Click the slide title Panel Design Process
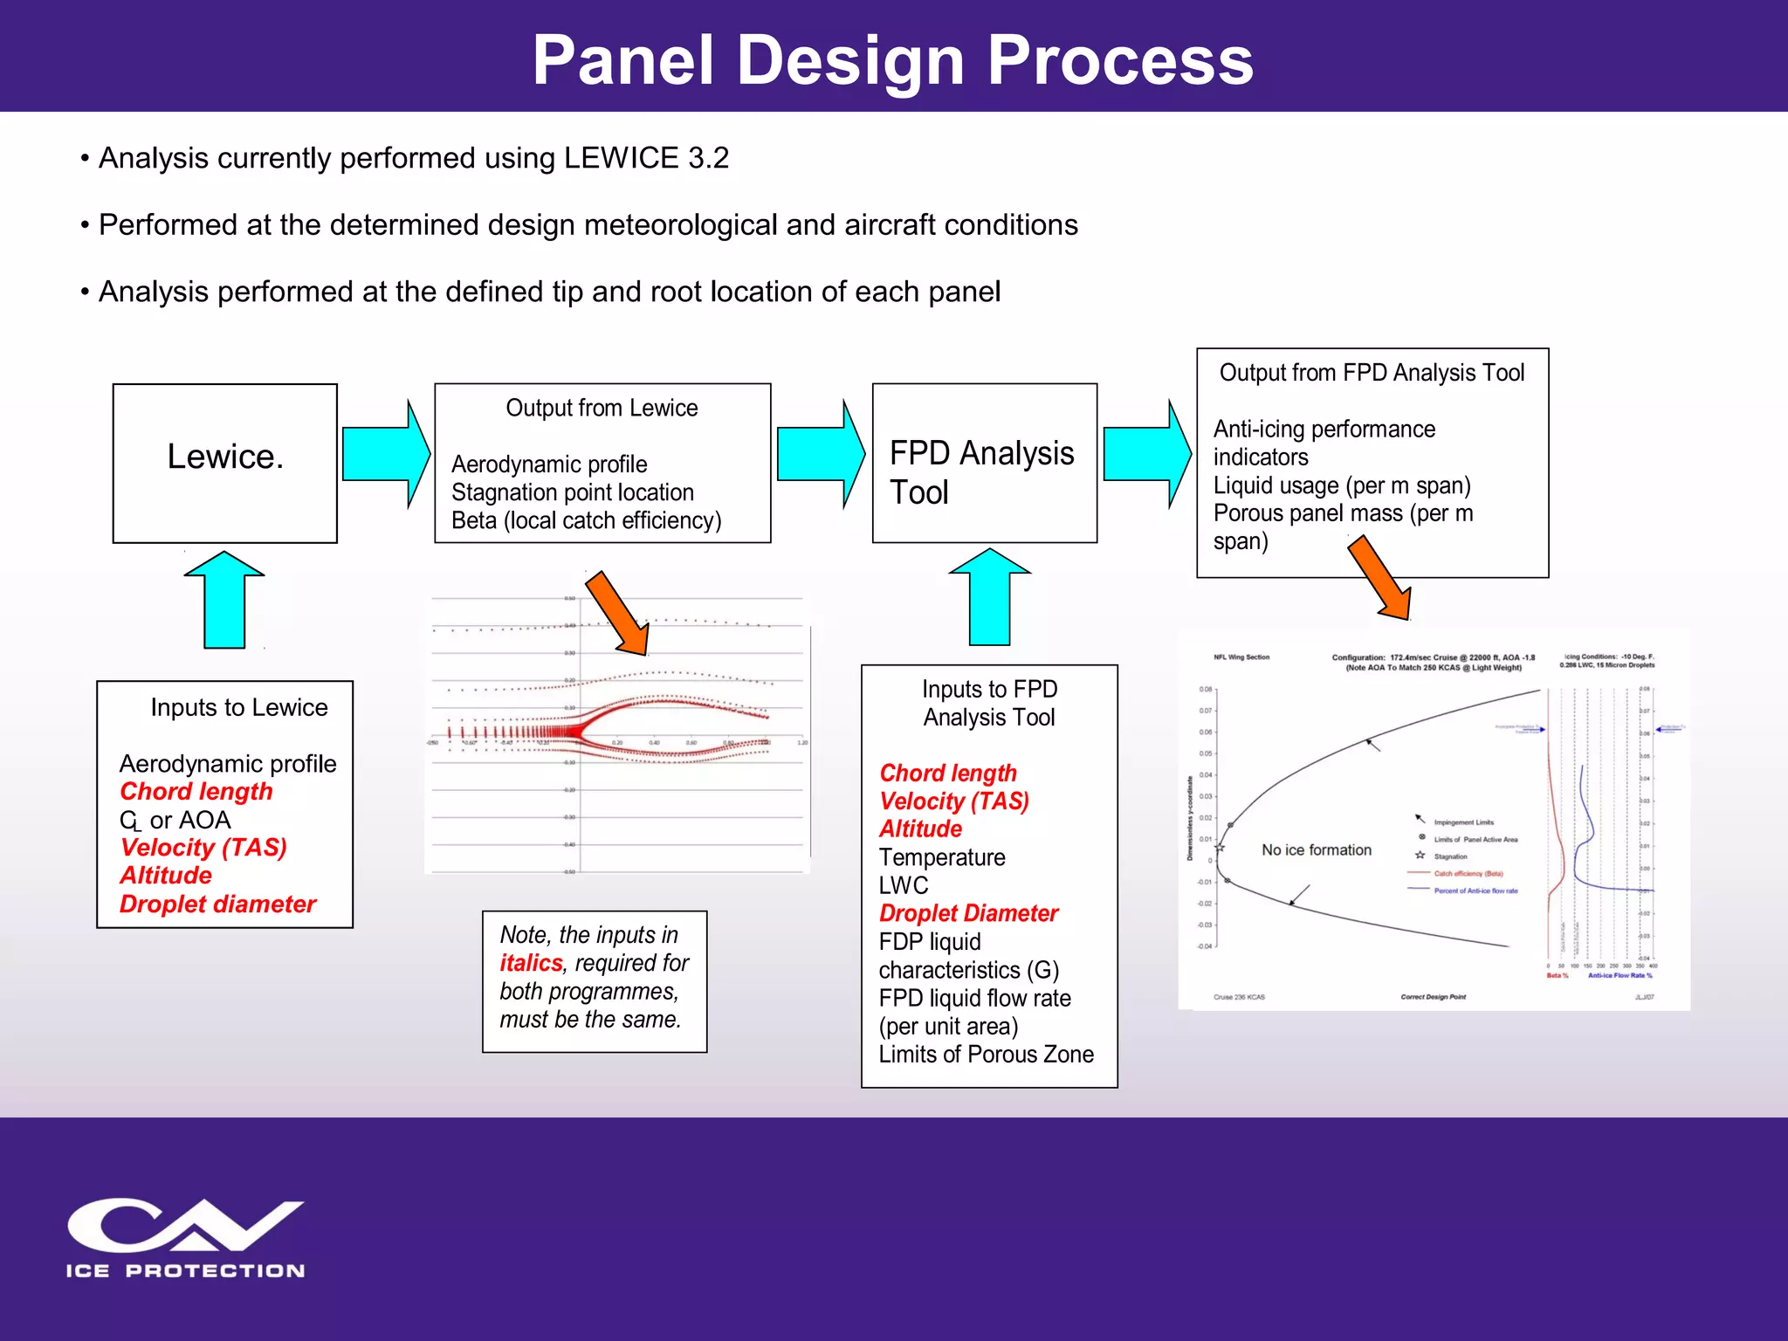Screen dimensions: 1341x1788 pyautogui.click(x=892, y=61)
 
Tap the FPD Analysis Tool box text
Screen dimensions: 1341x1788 pyautogui.click(x=981, y=472)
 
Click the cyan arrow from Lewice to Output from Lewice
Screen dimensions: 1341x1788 pyautogui.click(x=385, y=454)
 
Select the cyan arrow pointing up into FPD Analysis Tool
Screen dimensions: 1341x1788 pyautogui.click(x=989, y=599)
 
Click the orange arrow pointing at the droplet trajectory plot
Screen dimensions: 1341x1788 pyautogui.click(x=617, y=613)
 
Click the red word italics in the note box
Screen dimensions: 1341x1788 pyautogui.click(x=531, y=963)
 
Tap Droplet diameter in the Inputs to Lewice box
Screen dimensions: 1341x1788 pyautogui.click(x=217, y=904)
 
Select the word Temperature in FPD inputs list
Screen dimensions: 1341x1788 pyautogui.click(x=942, y=857)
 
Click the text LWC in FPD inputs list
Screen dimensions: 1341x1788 pyautogui.click(x=904, y=885)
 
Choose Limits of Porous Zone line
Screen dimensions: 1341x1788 pyautogui.click(x=986, y=1055)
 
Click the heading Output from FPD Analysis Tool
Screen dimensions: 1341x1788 pyautogui.click(x=1372, y=373)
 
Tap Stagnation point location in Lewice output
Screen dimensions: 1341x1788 pyautogui.click(x=573, y=492)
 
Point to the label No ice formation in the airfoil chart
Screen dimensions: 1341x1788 pyautogui.click(x=1316, y=850)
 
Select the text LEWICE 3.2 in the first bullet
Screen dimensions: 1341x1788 pyautogui.click(x=646, y=158)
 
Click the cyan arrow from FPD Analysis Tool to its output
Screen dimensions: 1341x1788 pyautogui.click(x=1146, y=454)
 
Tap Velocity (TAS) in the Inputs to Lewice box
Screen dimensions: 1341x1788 pyautogui.click(x=203, y=848)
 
